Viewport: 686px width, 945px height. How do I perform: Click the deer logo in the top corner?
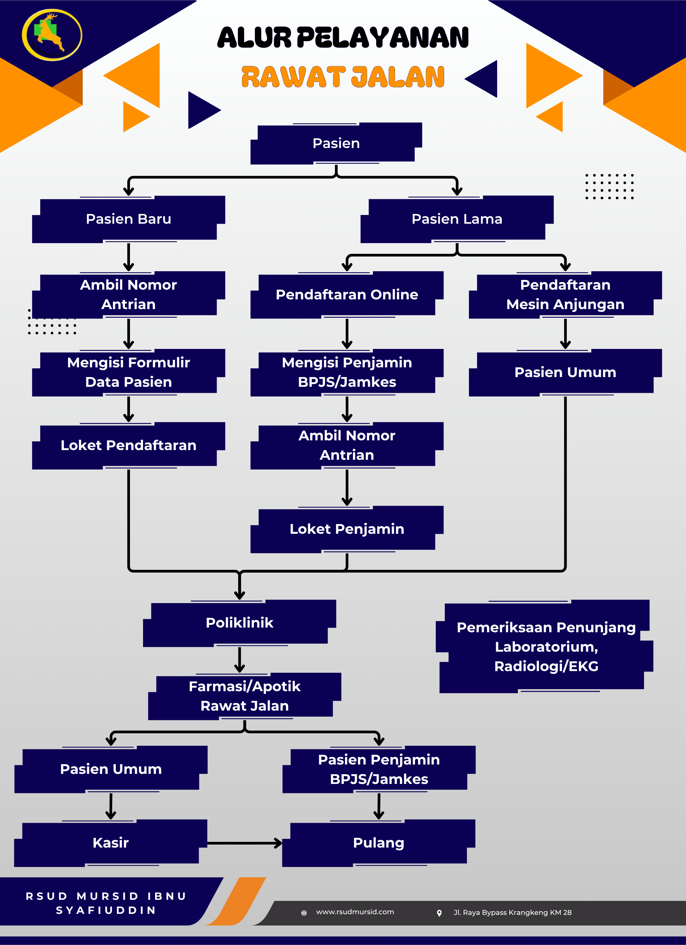(x=52, y=35)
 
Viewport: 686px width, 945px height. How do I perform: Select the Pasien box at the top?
(x=336, y=143)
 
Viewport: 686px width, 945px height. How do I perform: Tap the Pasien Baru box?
(x=128, y=219)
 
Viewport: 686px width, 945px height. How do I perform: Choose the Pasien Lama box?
(x=457, y=219)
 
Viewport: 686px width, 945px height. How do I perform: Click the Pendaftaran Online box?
(x=347, y=295)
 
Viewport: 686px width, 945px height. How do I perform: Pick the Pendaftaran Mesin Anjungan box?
(x=565, y=295)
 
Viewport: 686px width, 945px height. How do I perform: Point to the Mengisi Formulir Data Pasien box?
(x=128, y=372)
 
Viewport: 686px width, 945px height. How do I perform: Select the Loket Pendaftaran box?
(x=128, y=445)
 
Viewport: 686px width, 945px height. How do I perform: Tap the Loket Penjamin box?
(x=347, y=529)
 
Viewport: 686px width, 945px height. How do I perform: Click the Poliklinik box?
(x=239, y=623)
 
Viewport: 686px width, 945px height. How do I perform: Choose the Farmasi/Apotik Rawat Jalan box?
(x=245, y=696)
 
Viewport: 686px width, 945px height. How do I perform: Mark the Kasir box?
(x=111, y=843)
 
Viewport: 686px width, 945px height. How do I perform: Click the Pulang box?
(x=379, y=843)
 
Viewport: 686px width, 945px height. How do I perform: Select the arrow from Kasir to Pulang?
(x=245, y=843)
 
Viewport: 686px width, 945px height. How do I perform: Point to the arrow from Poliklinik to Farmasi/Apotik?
(x=239, y=660)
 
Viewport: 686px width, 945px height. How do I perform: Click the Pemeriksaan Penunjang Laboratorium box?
(x=546, y=647)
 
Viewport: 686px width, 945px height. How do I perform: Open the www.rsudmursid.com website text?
(x=355, y=912)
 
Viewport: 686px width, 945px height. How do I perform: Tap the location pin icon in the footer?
(x=439, y=913)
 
